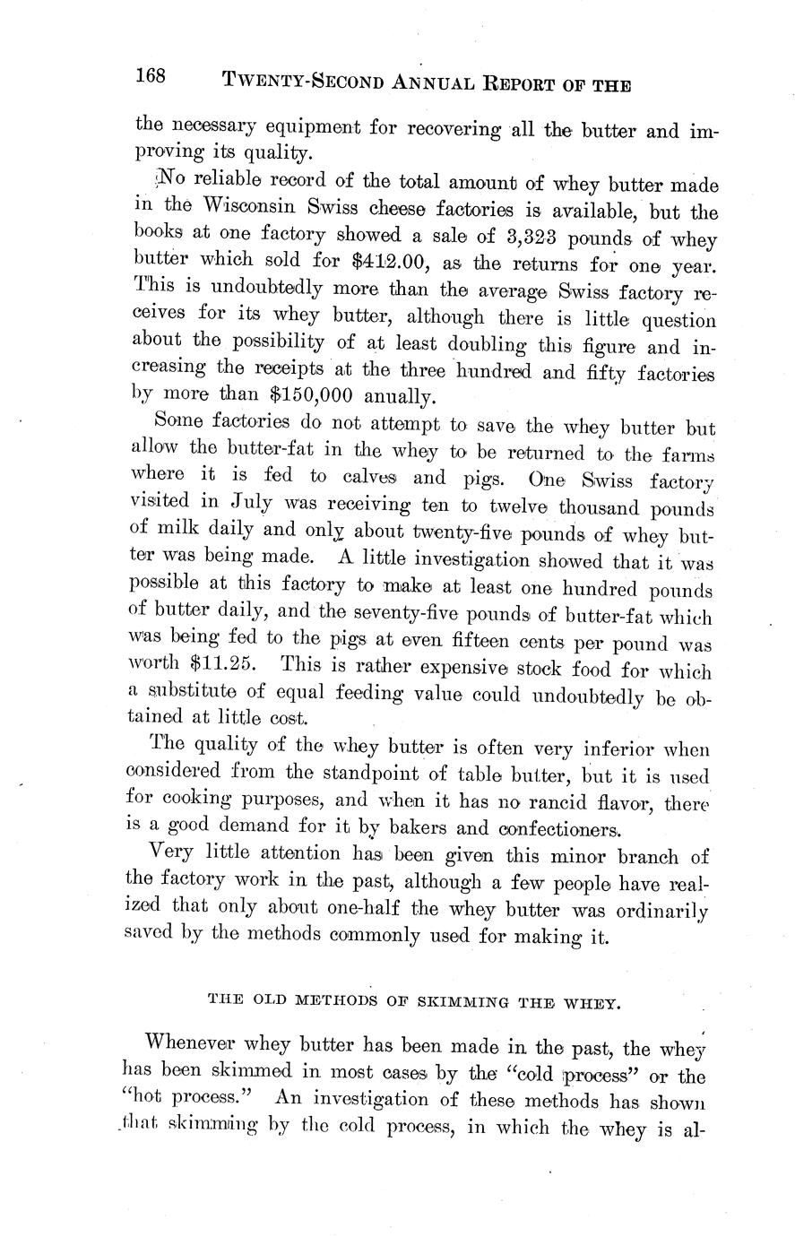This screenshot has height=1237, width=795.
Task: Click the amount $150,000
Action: pyautogui.click(x=311, y=396)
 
